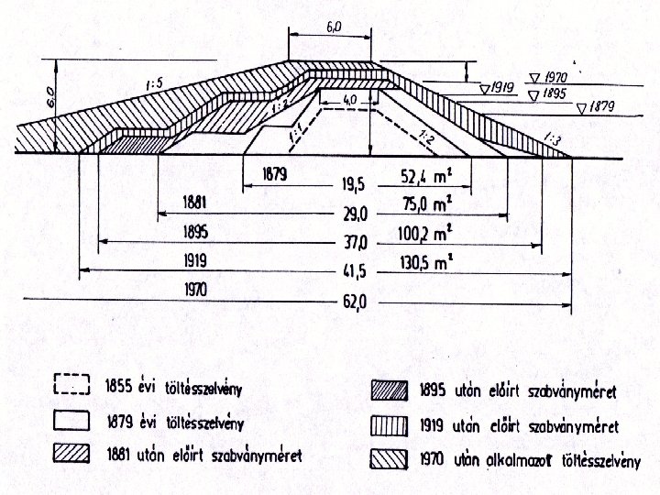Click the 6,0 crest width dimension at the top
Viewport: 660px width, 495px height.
332,27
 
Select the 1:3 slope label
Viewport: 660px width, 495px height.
552,139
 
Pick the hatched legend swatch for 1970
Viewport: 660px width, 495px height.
389,456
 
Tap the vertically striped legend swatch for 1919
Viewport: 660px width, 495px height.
389,423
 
